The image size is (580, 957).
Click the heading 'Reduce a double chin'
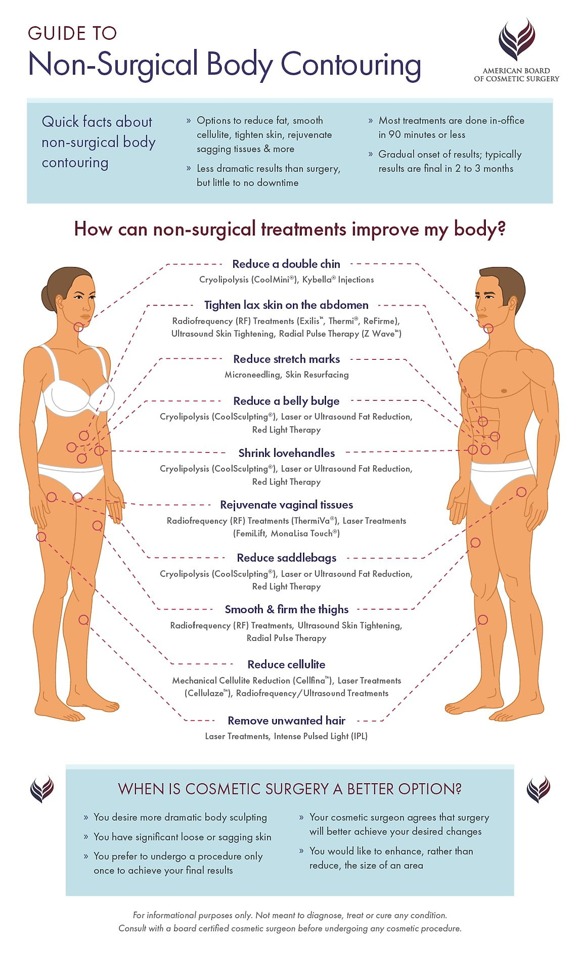click(x=286, y=264)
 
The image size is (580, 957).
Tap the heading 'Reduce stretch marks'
click(x=286, y=359)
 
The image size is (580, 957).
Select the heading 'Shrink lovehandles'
click(x=286, y=453)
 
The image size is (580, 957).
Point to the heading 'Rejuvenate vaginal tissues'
click(x=286, y=505)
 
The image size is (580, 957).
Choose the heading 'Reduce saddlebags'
click(x=286, y=558)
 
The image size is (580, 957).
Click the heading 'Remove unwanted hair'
click(x=286, y=720)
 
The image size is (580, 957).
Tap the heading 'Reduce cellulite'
click(x=286, y=665)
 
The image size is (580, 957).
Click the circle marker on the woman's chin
click(x=79, y=327)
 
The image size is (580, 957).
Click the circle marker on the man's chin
click(x=488, y=329)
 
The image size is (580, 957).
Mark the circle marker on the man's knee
click(x=483, y=620)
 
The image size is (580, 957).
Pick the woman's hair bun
click(x=47, y=293)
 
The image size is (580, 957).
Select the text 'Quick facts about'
click(x=97, y=122)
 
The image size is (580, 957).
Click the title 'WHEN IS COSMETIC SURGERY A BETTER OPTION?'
click(x=289, y=789)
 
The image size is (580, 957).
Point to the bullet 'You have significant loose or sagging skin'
click(x=182, y=837)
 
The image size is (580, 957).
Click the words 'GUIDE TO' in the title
click(x=72, y=33)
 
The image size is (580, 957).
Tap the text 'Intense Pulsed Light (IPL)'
click(x=320, y=736)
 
